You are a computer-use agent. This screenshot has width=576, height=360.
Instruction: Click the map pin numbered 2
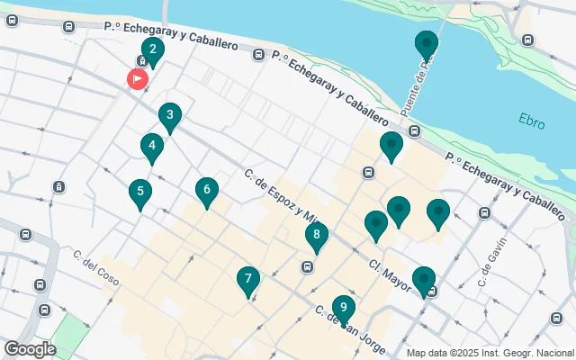point(152,50)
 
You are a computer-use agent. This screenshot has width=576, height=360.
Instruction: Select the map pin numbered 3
point(169,116)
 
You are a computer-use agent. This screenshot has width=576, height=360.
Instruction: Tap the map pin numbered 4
point(152,146)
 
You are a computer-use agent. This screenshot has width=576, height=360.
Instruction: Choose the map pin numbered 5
point(139,192)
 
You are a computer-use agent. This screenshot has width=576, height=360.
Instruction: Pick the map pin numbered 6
point(207,190)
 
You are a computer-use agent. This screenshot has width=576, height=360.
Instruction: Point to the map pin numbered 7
point(248,280)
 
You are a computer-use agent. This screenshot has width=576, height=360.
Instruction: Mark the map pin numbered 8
point(316,237)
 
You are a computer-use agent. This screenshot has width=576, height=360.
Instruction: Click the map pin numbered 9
point(343,308)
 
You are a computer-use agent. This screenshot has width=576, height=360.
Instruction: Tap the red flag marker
point(138,79)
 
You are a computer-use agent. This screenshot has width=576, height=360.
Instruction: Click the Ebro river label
point(532,119)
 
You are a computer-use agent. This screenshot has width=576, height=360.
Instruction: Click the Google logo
point(30,348)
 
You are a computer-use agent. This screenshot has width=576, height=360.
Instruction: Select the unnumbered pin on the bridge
point(427,44)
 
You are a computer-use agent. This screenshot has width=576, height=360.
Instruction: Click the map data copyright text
point(489,353)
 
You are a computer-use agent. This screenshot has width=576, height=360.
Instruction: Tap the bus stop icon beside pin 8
point(308,266)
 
